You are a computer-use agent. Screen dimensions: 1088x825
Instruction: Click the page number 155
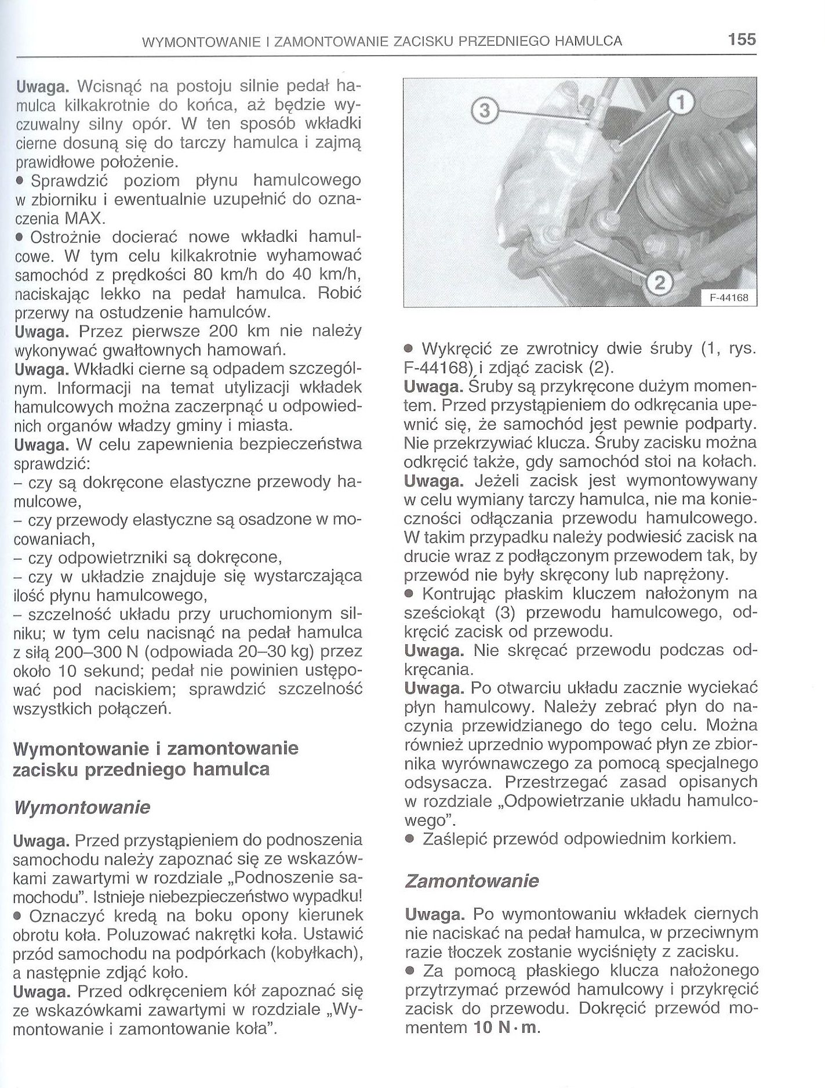point(742,39)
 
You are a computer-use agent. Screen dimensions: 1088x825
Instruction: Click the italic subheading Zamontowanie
point(471,881)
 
